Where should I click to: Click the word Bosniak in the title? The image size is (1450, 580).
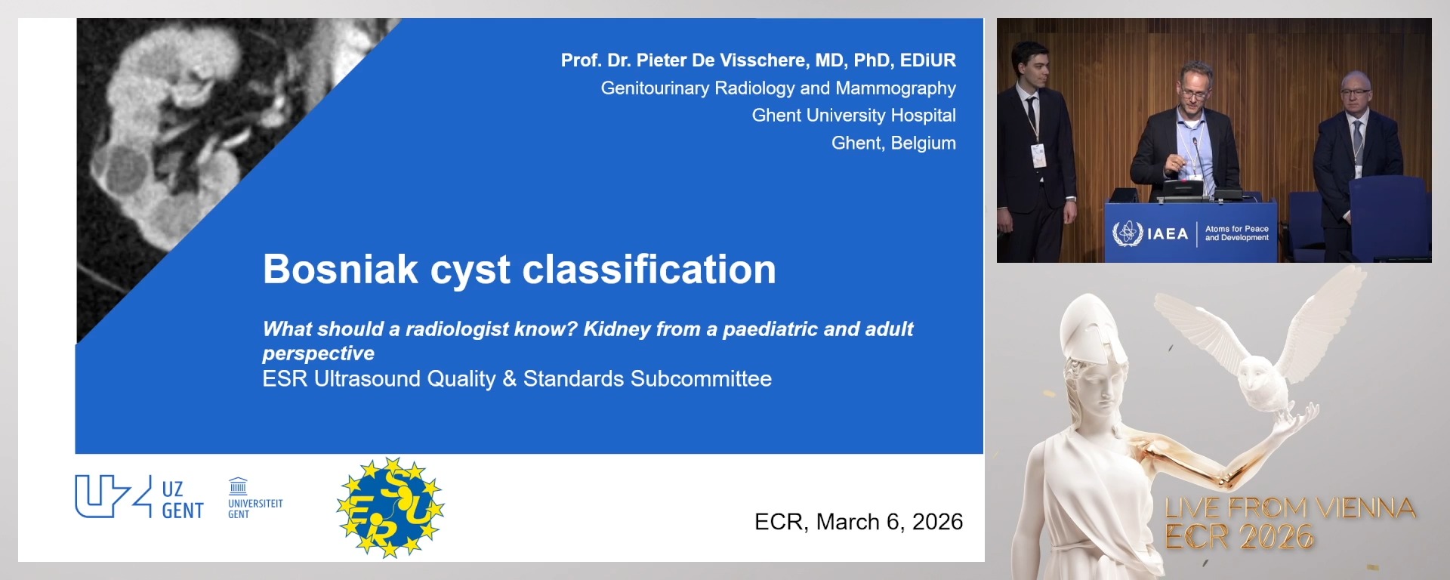tap(341, 269)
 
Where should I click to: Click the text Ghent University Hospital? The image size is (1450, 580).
tap(853, 116)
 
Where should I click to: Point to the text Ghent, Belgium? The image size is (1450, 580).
tap(893, 143)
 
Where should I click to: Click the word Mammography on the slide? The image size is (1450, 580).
tap(896, 88)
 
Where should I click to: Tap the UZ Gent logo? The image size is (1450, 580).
tap(140, 497)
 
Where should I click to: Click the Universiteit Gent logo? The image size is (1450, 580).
tap(255, 498)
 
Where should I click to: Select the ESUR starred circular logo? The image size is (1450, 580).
tap(390, 507)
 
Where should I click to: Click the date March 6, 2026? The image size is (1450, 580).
tap(890, 522)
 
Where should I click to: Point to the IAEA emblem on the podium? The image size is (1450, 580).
tap(1128, 233)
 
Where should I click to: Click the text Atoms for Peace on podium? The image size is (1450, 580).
tap(1236, 229)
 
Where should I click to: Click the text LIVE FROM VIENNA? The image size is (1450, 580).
tap(1290, 508)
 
